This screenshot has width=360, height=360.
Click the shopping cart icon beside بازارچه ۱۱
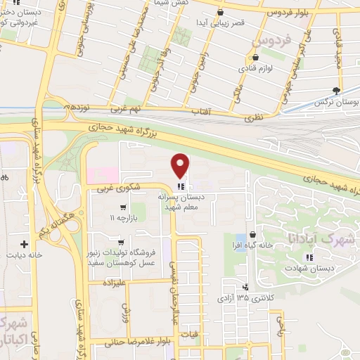click(123, 207)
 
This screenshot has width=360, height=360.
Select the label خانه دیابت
click(24, 256)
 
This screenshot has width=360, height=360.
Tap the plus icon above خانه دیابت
click(24, 244)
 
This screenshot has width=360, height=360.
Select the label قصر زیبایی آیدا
click(220, 24)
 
